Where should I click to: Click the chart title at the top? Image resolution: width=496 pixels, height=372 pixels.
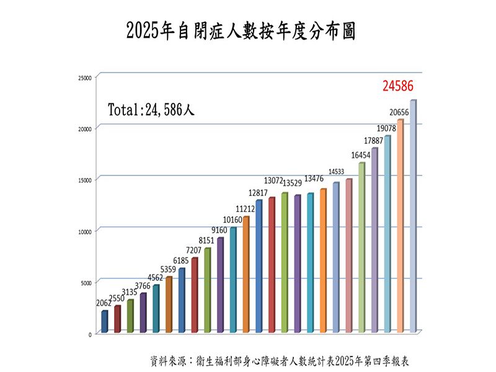pyautogui.click(x=241, y=31)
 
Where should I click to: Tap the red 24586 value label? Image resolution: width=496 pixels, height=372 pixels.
pyautogui.click(x=397, y=86)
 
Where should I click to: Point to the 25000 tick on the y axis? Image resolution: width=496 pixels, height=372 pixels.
pyautogui.click(x=84, y=77)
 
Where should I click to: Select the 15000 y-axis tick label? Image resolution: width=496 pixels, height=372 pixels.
pyautogui.click(x=84, y=180)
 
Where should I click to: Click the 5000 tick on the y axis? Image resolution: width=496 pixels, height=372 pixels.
pyautogui.click(x=86, y=283)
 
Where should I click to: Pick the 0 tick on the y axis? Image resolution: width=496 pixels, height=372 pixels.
pyautogui.click(x=89, y=334)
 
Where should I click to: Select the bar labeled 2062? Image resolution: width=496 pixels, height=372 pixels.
pyautogui.click(x=105, y=321)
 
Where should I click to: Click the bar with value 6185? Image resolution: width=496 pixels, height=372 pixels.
pyautogui.click(x=182, y=300)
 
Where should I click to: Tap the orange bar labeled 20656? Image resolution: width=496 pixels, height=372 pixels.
pyautogui.click(x=400, y=226)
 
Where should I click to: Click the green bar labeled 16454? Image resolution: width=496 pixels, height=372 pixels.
pyautogui.click(x=361, y=247)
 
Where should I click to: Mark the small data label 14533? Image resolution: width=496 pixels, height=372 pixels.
pyautogui.click(x=336, y=172)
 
